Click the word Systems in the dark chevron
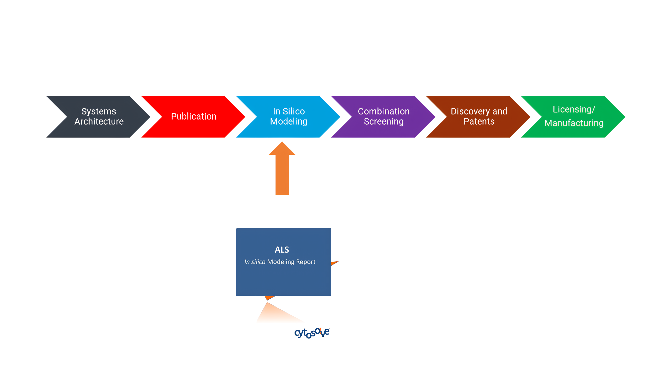tap(99, 111)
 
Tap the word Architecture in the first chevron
tap(99, 121)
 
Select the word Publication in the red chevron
tap(194, 117)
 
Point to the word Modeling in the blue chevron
tap(289, 122)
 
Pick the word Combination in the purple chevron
tap(384, 111)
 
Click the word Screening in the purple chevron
tap(384, 122)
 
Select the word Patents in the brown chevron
tap(479, 121)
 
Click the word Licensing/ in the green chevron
tap(574, 109)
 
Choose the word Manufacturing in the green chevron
tap(574, 123)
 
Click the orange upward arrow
tap(282, 168)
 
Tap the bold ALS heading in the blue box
tap(282, 250)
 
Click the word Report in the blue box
tap(306, 262)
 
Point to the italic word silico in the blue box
tap(258, 262)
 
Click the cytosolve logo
tap(312, 333)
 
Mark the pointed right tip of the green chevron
tap(625, 117)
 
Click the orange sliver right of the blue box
tap(335, 263)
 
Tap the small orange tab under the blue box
tap(269, 298)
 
